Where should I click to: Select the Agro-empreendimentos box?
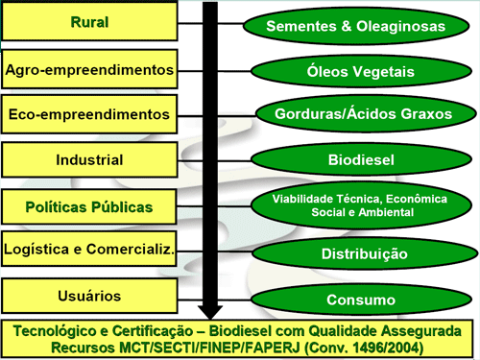tap(89, 70)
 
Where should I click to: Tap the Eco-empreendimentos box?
tap(89, 114)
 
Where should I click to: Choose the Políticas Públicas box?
tap(89, 205)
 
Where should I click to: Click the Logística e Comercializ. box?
tap(89, 250)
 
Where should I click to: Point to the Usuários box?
tap(89, 295)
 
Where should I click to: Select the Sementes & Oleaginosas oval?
tap(355, 26)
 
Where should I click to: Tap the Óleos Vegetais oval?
tap(355, 70)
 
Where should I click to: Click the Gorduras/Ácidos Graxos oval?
tap(355, 113)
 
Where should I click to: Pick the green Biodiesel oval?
tap(355, 159)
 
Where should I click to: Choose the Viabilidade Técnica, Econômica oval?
tap(355, 204)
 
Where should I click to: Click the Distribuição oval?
tap(355, 253)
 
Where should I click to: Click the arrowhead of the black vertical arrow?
tap(210, 308)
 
